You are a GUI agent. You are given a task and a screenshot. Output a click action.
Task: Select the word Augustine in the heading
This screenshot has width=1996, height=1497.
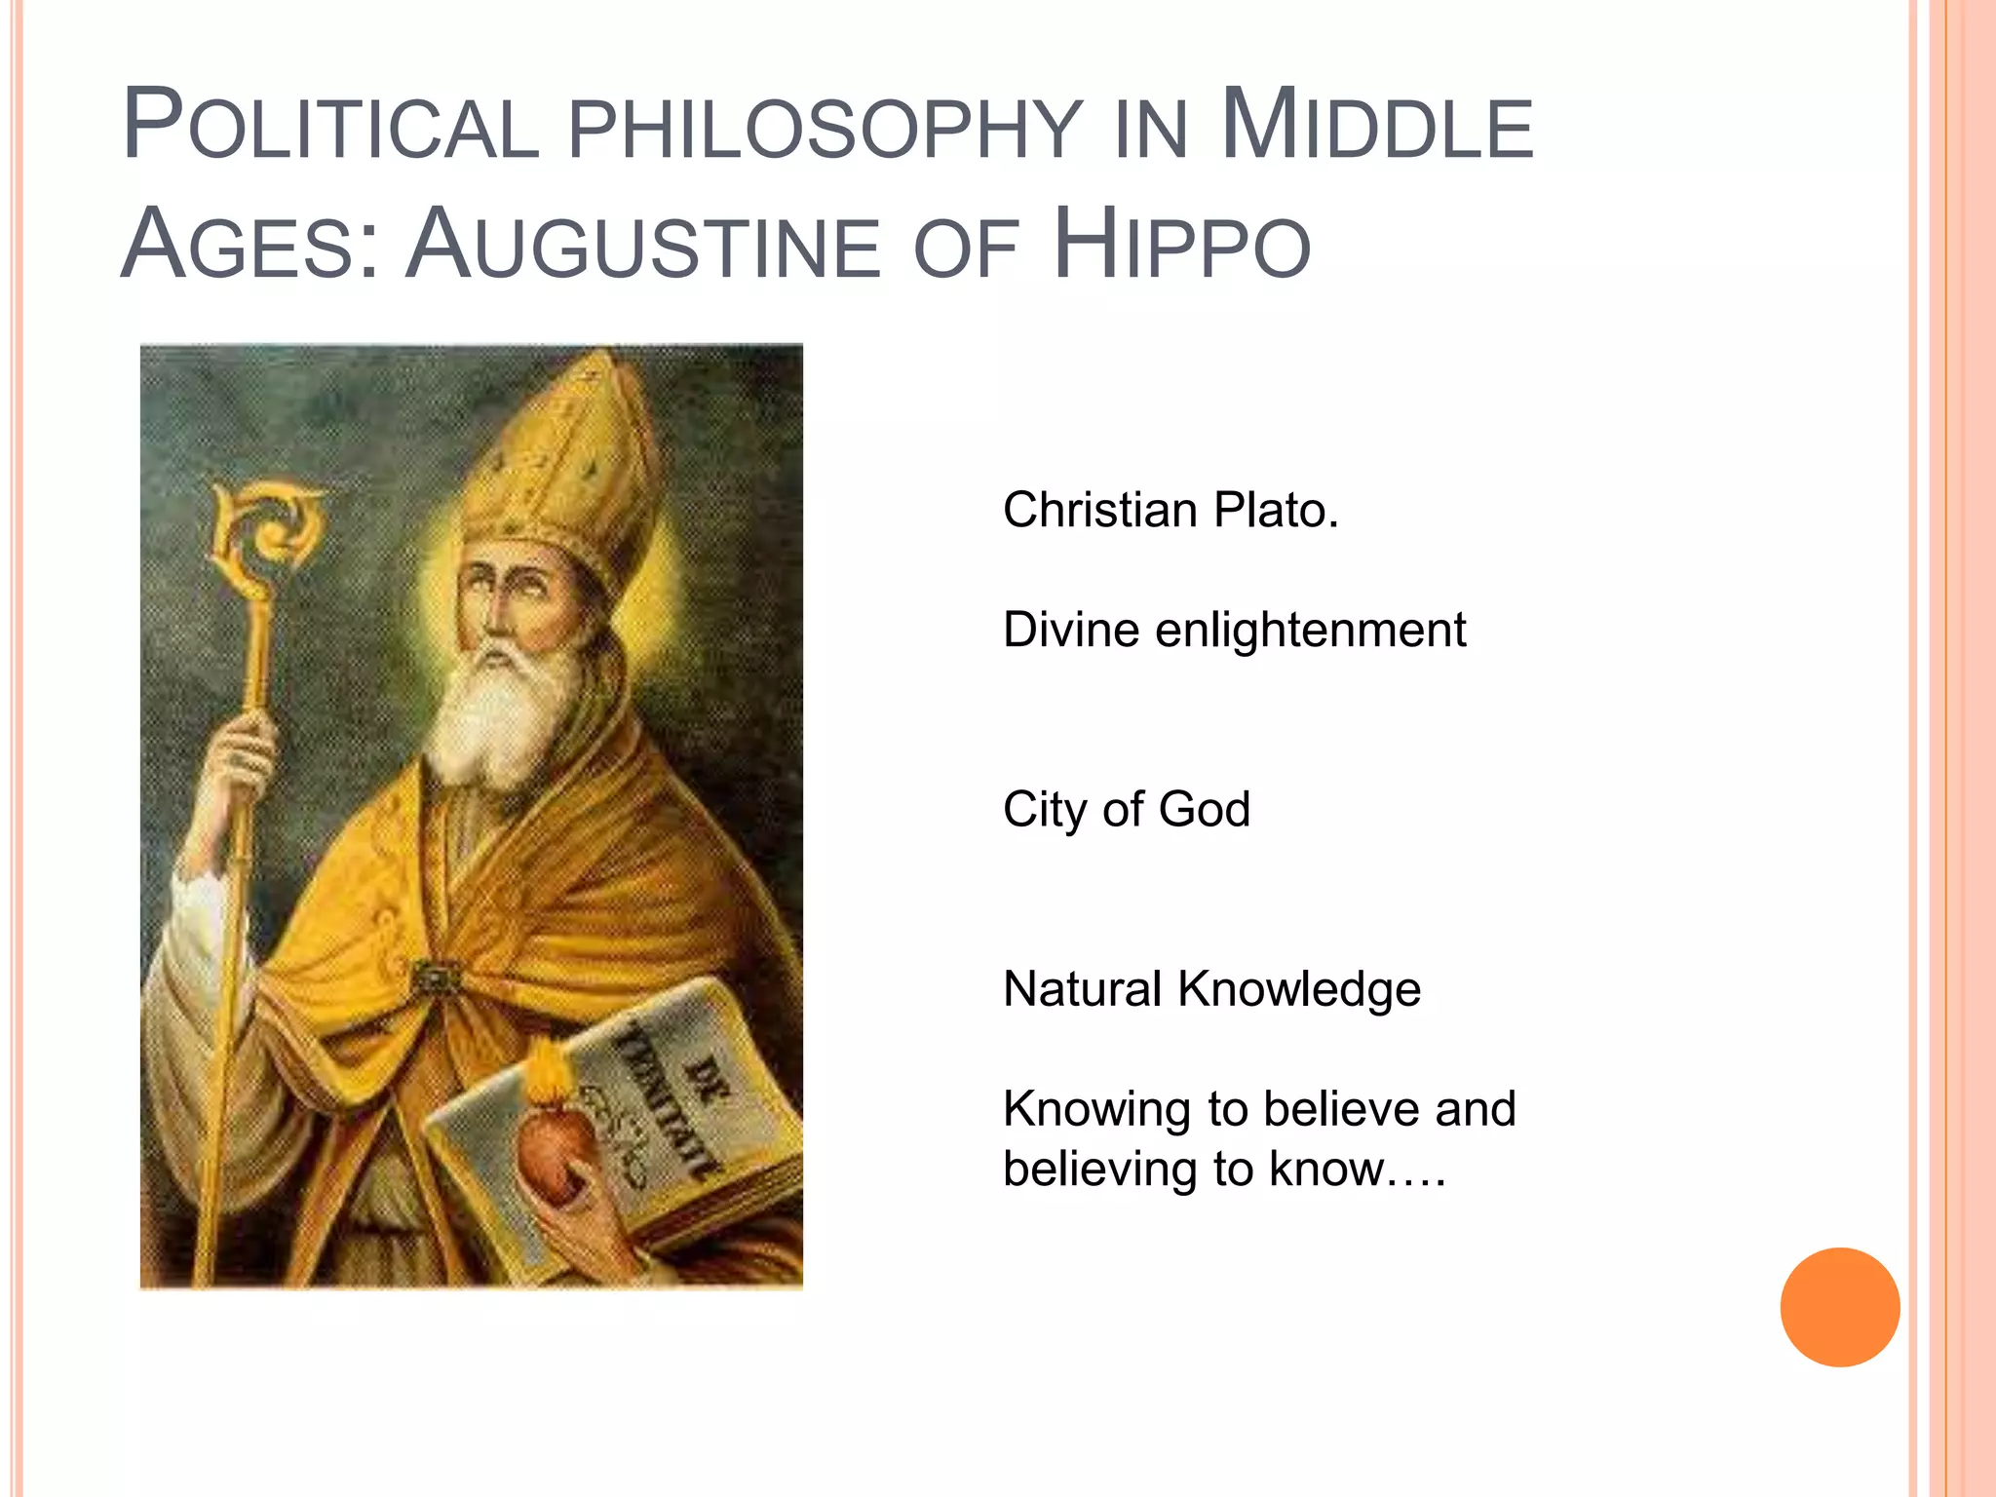coord(644,246)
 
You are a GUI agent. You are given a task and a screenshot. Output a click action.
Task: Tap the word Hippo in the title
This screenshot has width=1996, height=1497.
coord(1181,246)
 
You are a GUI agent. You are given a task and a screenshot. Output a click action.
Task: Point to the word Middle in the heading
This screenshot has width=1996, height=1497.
coord(1376,127)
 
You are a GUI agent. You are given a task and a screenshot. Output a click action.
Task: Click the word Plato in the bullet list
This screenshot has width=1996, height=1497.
coord(1275,510)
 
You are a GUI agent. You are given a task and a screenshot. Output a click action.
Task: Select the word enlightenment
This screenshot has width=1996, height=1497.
coord(1310,630)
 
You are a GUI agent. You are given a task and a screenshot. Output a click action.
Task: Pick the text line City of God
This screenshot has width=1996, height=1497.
coord(1126,810)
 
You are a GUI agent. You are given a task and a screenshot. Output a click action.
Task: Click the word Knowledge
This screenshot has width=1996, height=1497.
coord(1298,990)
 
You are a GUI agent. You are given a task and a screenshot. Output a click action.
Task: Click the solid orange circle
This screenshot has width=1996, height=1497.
coord(1839,1307)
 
